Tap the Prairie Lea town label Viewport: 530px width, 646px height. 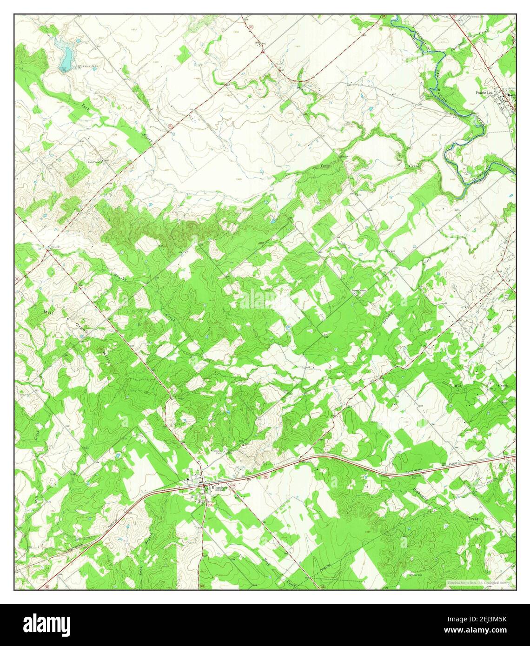pyautogui.click(x=486, y=92)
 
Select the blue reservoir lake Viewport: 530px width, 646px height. pyautogui.click(x=66, y=56)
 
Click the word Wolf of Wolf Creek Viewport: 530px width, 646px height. pyautogui.click(x=457, y=386)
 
